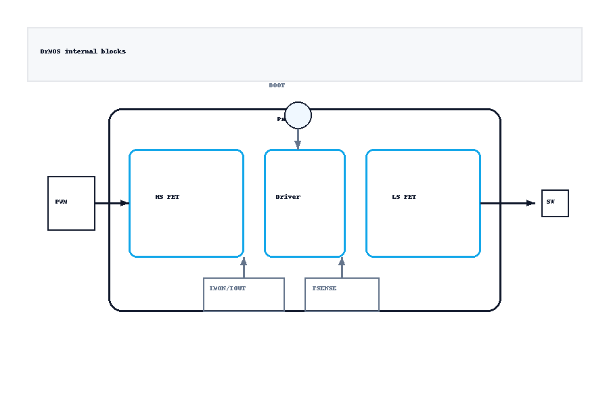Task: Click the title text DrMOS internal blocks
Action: (83, 51)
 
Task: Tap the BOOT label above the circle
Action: (277, 86)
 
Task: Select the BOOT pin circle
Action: (298, 115)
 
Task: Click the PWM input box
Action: (71, 203)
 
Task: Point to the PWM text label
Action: (62, 202)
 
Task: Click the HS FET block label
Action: (167, 197)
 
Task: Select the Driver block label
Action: (288, 197)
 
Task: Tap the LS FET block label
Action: (404, 197)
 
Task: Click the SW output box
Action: (555, 203)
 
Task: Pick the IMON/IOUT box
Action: (244, 294)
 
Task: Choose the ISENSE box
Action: (342, 294)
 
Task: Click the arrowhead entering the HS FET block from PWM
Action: (125, 203)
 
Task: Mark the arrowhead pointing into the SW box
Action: (531, 203)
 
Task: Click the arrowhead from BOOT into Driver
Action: (298, 145)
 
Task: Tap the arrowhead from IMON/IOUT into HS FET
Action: (244, 262)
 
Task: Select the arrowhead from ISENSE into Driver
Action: (342, 262)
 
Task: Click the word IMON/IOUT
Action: (227, 288)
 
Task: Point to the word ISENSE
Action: (324, 288)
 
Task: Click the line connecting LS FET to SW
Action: (504, 203)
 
